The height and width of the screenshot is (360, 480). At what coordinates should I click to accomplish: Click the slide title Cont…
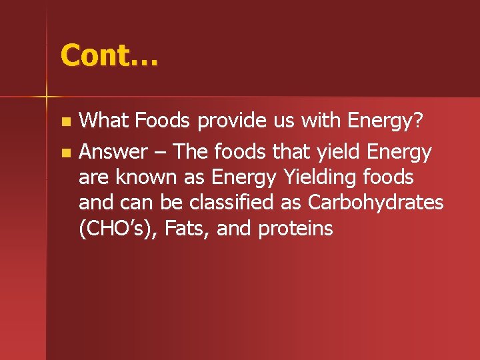(109, 55)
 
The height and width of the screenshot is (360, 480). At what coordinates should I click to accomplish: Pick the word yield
(336, 153)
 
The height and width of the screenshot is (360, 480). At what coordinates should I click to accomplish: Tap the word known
(148, 178)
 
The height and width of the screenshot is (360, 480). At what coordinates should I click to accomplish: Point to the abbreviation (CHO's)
(117, 229)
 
